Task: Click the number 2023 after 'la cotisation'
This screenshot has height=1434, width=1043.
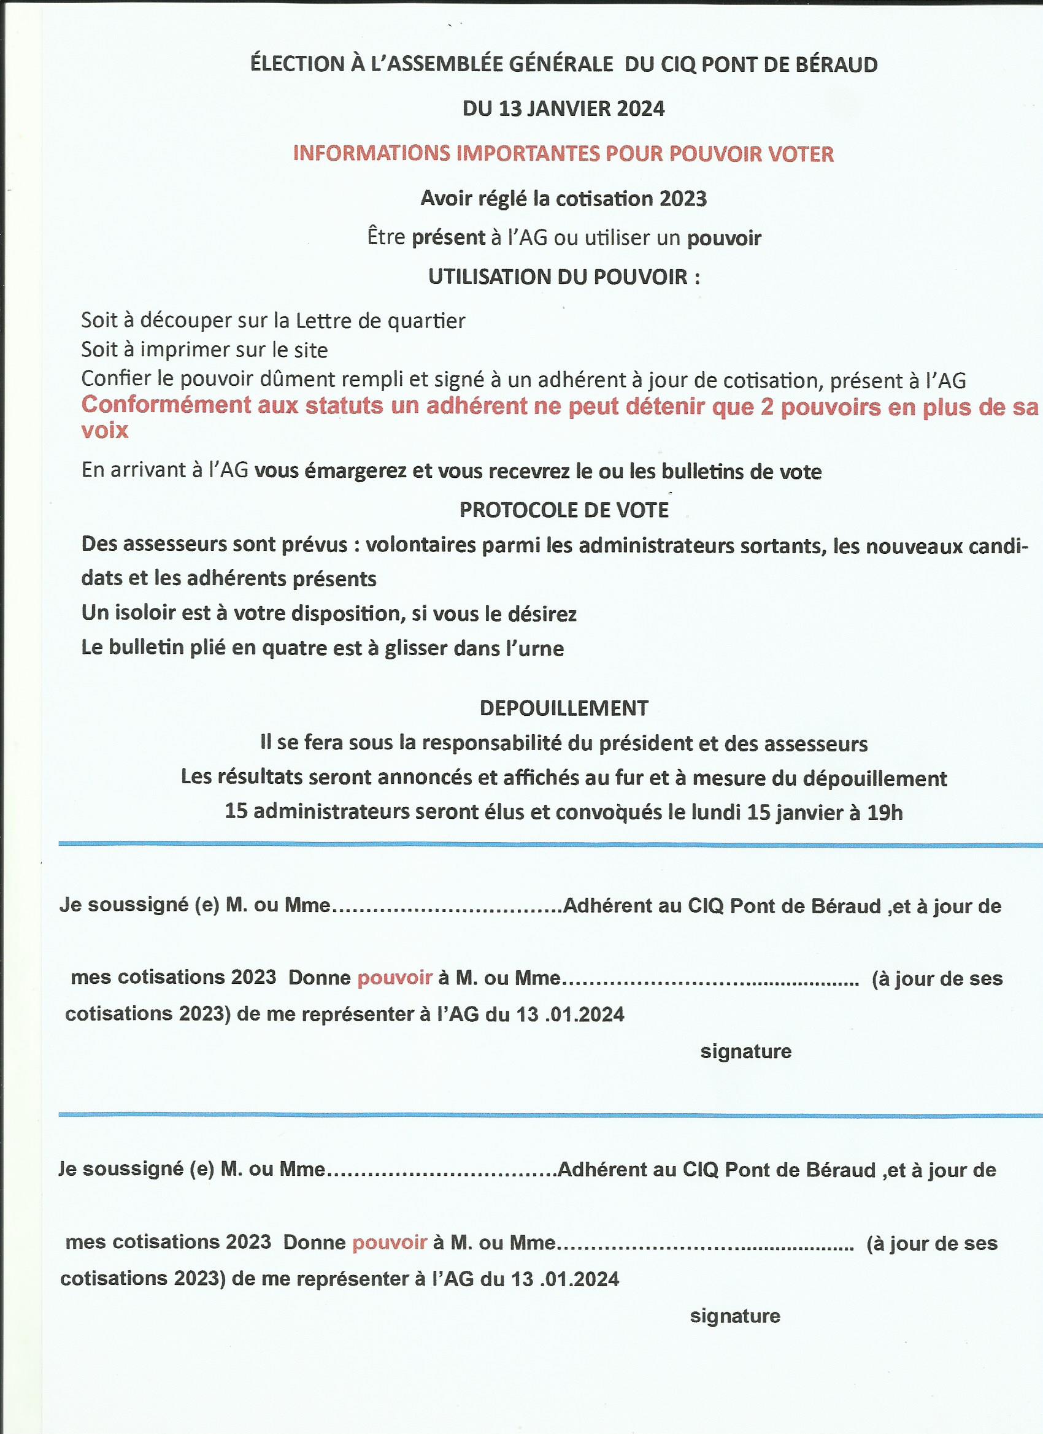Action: (683, 199)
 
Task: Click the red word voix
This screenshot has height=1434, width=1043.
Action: (105, 431)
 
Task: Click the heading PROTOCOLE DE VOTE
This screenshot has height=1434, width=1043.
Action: (564, 510)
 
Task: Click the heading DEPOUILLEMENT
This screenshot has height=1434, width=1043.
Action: (564, 708)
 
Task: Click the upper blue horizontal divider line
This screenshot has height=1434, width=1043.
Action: (550, 844)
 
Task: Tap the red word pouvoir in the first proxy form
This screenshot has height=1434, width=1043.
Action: (394, 977)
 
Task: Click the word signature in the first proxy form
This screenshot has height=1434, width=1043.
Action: (745, 1051)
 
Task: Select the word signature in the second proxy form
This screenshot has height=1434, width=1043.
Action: (735, 1316)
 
